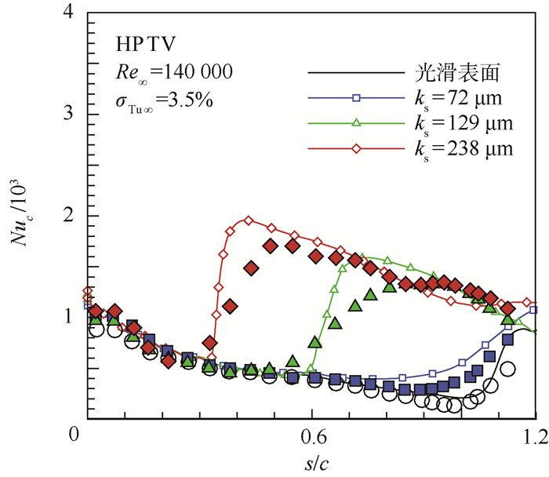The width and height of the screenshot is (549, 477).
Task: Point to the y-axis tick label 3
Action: pos(70,115)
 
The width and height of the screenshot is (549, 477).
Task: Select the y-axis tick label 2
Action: pos(70,216)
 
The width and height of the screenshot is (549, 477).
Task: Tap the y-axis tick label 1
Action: pos(70,316)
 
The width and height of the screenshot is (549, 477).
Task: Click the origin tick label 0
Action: pos(75,432)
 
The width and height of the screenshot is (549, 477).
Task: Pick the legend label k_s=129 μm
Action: pos(464,123)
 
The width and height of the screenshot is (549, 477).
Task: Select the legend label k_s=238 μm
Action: pos(464,147)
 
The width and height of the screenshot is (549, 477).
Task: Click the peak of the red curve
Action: pos(248,220)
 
